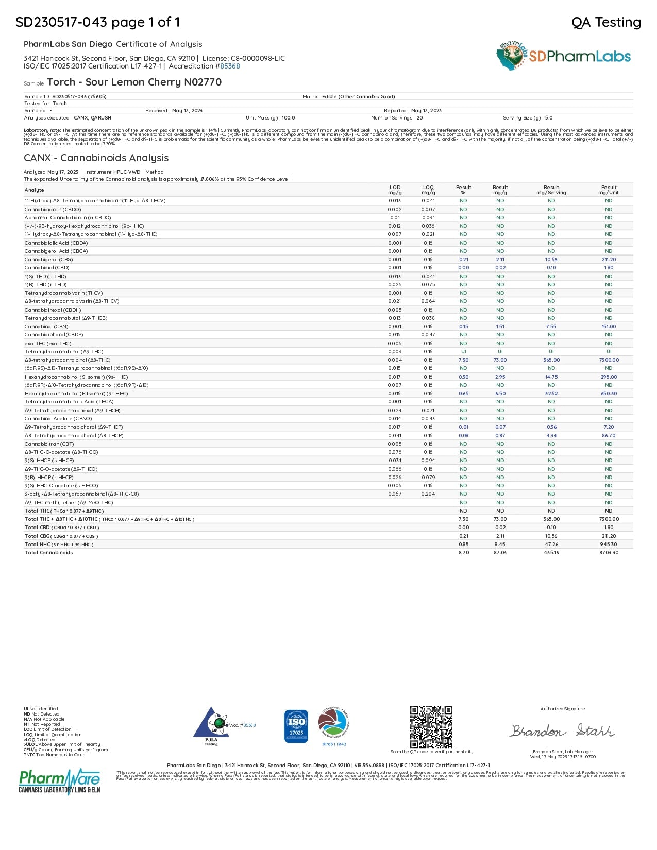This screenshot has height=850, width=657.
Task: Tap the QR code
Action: point(431,727)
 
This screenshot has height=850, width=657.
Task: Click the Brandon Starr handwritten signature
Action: point(562,730)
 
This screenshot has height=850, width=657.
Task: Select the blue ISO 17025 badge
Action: point(296,726)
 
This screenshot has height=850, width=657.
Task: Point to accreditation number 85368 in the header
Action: point(230,66)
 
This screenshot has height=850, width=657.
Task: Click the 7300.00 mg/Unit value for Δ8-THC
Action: point(609,360)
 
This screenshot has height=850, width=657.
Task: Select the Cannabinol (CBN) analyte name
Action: point(46,327)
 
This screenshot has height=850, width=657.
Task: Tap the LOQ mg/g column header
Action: point(428,190)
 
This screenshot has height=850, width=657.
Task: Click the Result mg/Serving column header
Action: point(551,190)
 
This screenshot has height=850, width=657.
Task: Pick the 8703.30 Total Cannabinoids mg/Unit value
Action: point(609,553)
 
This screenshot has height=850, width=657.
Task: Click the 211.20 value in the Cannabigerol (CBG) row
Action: point(609,260)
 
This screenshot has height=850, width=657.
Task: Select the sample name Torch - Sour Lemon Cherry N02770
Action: point(134,82)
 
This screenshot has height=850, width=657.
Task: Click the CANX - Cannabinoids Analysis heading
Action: point(96,158)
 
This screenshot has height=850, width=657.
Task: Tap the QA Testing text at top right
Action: point(606,22)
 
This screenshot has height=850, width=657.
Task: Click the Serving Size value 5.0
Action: point(549,118)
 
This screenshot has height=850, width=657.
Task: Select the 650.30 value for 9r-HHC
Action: point(609,394)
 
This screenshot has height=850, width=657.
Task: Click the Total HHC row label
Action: point(59,545)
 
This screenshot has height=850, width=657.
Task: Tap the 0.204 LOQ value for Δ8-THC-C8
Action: point(428,494)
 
